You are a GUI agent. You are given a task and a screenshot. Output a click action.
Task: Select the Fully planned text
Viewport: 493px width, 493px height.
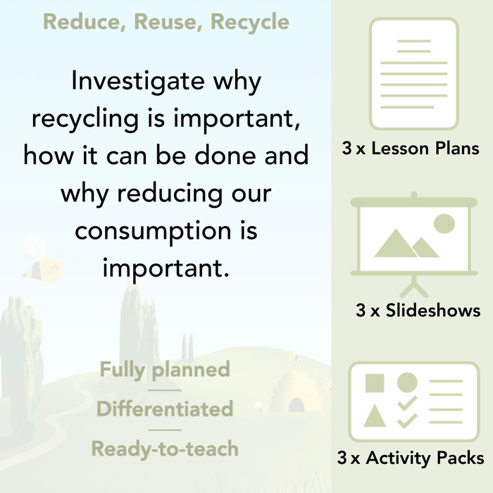pos(165,370)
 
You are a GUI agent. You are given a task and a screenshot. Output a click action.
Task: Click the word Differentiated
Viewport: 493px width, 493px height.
pos(165,409)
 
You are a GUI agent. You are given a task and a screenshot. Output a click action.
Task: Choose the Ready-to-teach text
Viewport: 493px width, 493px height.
pos(165,449)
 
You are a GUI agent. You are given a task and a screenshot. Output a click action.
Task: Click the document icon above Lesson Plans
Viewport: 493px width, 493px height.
pos(413,73)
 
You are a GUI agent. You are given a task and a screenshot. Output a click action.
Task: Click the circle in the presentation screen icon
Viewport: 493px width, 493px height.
pos(444,224)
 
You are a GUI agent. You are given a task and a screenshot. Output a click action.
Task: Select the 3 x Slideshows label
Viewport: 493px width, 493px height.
pos(418,310)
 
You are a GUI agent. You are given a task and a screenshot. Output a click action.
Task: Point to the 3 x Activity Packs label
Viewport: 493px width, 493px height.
pos(411,458)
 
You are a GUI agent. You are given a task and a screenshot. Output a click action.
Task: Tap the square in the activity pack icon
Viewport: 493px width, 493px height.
pos(375,383)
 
